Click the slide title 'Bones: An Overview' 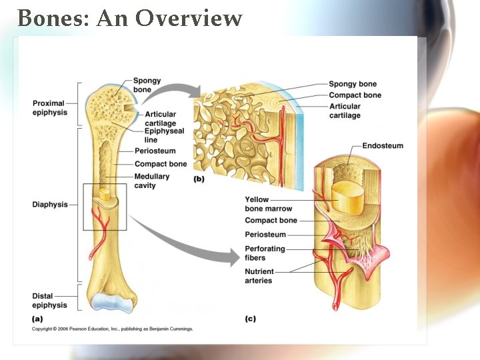click(129, 18)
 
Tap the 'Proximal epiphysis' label click(49, 108)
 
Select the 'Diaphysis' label click(50, 205)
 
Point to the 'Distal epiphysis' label click(49, 301)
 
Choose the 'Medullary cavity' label click(152, 181)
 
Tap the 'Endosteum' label click(383, 145)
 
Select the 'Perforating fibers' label click(265, 253)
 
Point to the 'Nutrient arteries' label click(259, 276)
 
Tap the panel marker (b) click(199, 179)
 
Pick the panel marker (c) click(250, 319)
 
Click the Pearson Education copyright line click(113, 329)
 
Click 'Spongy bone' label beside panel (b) click(353, 84)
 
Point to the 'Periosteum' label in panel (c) click(265, 235)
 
